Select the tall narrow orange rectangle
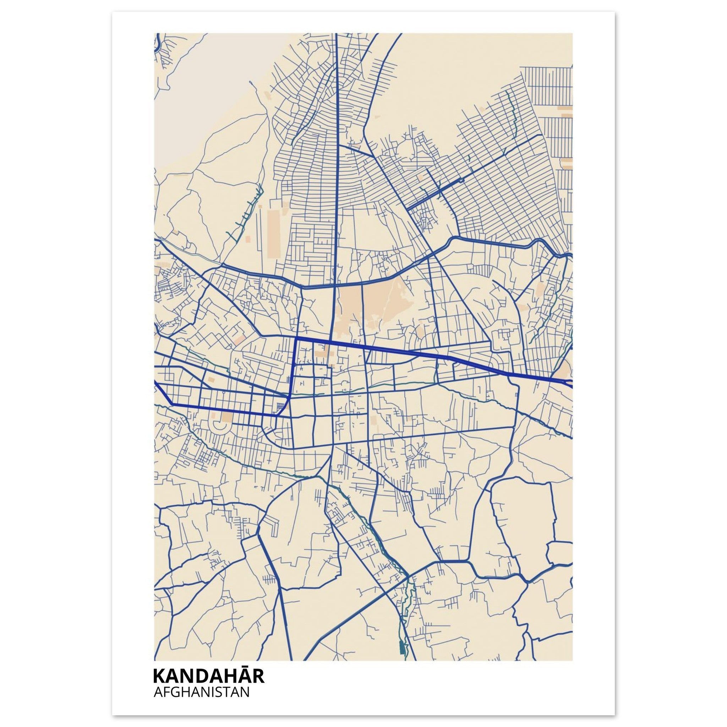tap(273, 233)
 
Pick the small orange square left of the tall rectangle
tap(248, 239)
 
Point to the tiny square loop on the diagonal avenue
tap(461, 180)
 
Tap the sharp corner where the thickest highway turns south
tap(296, 339)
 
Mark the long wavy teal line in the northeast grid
tap(512, 120)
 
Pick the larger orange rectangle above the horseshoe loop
tap(227, 417)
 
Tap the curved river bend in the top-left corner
tap(158, 43)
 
